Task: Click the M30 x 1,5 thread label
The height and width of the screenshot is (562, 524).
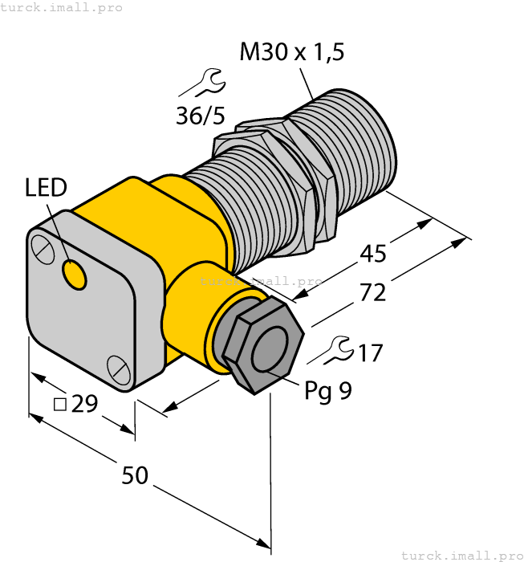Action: click(292, 53)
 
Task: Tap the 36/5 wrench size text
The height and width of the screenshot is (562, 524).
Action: click(201, 116)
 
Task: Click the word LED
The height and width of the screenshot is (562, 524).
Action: click(46, 189)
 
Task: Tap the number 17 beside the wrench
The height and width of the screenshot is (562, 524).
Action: click(370, 353)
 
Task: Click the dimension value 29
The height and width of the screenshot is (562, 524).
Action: click(84, 404)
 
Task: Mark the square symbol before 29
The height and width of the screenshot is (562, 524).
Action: click(59, 405)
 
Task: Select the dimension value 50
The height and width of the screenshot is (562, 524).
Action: click(135, 475)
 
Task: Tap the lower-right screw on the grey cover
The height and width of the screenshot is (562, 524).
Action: click(117, 369)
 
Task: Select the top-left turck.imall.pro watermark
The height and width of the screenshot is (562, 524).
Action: click(62, 7)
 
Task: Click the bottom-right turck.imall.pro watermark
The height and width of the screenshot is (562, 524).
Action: click(461, 555)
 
